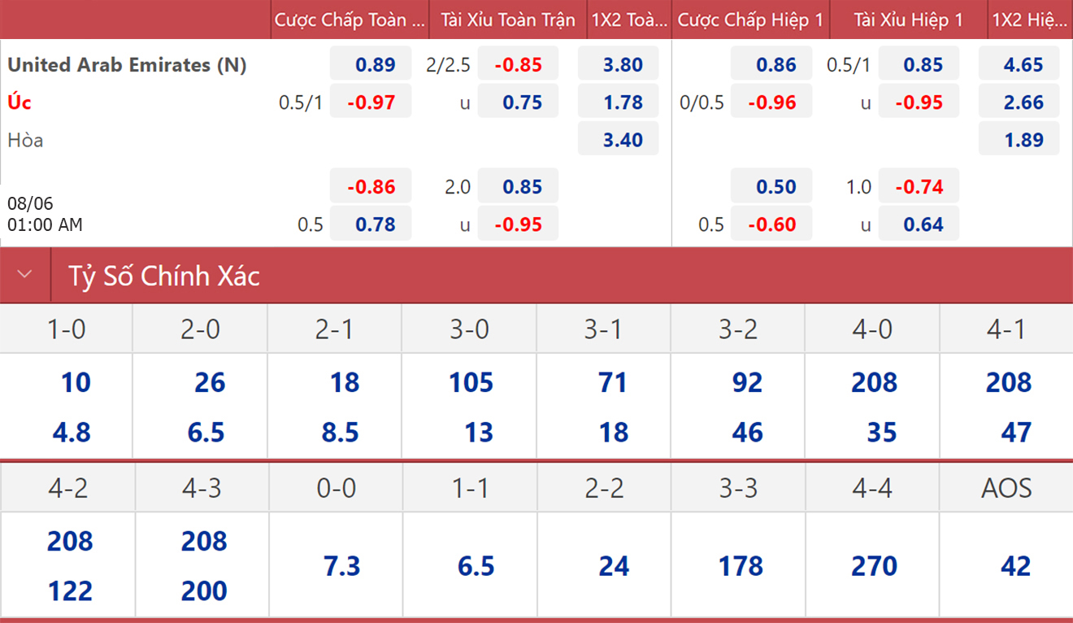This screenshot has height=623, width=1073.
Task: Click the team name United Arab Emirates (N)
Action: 127,65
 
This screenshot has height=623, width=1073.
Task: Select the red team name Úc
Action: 20,102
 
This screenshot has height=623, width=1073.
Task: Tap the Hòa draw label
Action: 25,140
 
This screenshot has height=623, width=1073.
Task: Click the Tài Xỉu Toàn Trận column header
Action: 508,20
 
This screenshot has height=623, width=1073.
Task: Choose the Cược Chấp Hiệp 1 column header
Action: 750,20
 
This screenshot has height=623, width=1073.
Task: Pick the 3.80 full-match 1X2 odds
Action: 623,65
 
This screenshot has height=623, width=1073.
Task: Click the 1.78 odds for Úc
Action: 623,102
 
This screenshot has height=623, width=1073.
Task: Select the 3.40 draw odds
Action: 623,140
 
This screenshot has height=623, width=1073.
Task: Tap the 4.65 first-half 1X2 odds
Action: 1023,65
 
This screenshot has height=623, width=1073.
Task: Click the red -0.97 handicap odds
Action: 371,102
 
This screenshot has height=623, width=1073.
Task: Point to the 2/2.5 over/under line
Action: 449,65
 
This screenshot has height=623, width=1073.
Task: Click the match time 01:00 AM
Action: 45,224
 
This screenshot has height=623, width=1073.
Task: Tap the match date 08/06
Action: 30,203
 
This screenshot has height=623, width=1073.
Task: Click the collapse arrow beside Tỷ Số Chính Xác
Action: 24,274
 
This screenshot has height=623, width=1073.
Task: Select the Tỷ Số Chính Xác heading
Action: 164,276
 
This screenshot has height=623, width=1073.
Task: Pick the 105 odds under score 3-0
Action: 471,382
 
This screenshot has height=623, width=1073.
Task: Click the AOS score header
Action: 1006,488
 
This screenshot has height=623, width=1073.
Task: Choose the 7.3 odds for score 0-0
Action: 341,566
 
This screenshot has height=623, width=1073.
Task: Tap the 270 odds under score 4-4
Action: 874,566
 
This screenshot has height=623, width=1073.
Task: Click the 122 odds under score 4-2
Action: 70,591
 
